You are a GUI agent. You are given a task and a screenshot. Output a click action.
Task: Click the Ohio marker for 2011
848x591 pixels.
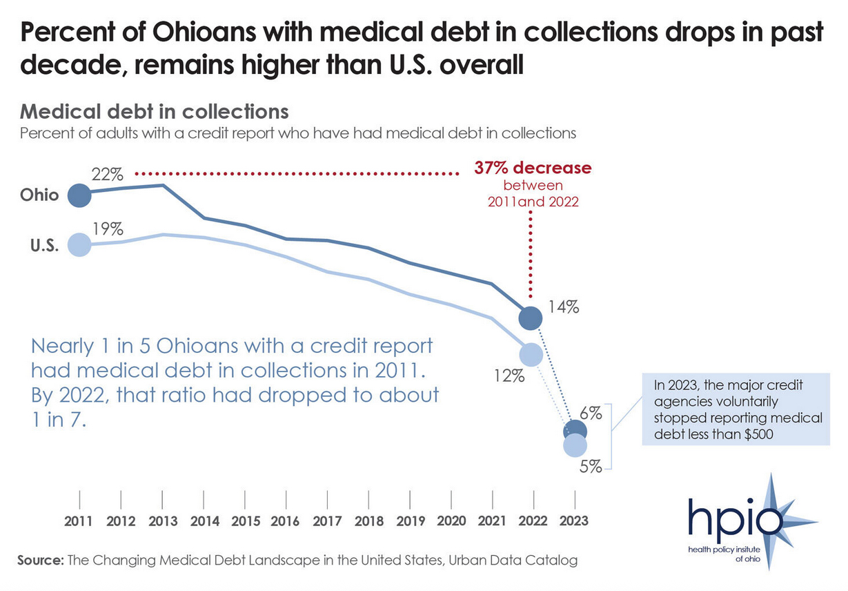79,195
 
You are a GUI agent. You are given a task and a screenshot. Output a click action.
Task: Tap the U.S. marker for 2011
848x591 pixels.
79,244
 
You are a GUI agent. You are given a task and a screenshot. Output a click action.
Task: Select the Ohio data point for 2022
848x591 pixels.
530,318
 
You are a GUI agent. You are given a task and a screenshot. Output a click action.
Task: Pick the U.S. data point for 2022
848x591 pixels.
530,354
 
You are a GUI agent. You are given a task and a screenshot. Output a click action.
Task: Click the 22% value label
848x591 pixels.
107,174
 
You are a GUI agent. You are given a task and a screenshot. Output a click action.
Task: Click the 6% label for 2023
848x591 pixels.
591,414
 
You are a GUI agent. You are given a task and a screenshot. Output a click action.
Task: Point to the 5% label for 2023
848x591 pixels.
591,467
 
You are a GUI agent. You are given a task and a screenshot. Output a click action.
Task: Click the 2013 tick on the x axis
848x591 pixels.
162,499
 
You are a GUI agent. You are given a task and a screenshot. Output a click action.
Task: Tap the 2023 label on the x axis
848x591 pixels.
574,521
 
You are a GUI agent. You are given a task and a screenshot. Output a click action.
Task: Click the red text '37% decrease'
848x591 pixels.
533,168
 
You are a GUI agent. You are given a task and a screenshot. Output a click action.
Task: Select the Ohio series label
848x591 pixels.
39,195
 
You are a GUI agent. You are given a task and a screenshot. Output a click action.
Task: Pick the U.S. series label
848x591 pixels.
43,245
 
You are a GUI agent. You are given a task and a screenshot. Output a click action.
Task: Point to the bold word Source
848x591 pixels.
40,560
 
